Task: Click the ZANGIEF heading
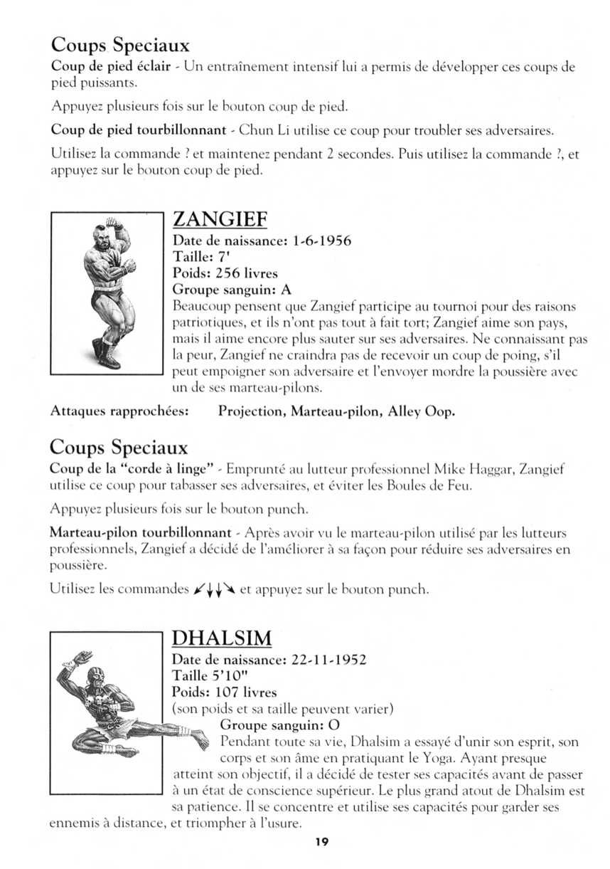tap(220, 218)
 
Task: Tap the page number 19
tap(322, 842)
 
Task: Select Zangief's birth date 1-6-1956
tap(321, 241)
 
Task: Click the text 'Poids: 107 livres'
tap(225, 692)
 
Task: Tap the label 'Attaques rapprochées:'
tap(119, 412)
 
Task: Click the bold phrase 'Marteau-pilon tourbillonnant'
tap(140, 532)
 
